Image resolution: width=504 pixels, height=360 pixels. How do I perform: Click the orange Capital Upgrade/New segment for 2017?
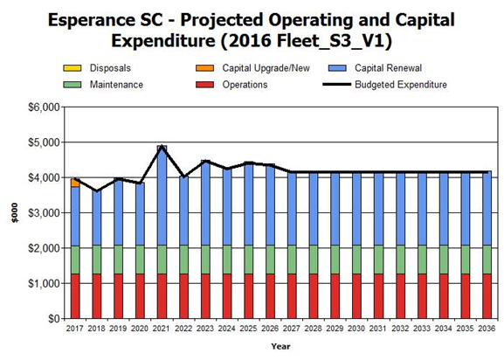[75, 183]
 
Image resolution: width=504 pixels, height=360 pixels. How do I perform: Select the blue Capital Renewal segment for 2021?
[162, 195]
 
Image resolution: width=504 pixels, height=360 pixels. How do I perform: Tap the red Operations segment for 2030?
[356, 296]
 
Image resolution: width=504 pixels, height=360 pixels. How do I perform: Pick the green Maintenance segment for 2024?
[227, 260]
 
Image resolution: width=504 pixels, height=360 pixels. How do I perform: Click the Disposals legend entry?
[97, 68]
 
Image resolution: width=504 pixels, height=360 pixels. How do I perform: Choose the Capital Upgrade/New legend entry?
[252, 68]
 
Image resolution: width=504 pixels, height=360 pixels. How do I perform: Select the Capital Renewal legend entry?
[375, 68]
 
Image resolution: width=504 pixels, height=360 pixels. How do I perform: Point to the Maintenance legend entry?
[103, 85]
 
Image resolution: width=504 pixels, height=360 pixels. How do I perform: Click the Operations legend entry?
[231, 85]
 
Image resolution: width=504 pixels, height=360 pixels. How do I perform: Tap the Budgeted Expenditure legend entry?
[384, 85]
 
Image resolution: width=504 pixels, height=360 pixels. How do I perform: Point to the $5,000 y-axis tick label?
[44, 142]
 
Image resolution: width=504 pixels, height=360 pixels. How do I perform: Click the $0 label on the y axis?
[53, 319]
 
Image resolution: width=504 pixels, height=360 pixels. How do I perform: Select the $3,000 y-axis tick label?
[44, 213]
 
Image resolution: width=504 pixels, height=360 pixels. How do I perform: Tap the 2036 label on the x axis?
[487, 329]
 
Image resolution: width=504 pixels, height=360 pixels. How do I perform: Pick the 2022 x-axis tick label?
[183, 329]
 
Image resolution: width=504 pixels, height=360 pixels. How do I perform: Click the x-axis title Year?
[280, 346]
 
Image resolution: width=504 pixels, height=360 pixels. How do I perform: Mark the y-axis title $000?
[15, 213]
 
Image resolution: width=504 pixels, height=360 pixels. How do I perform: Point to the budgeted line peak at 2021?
[162, 146]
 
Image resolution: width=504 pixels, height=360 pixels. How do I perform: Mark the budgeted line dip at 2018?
[97, 191]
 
